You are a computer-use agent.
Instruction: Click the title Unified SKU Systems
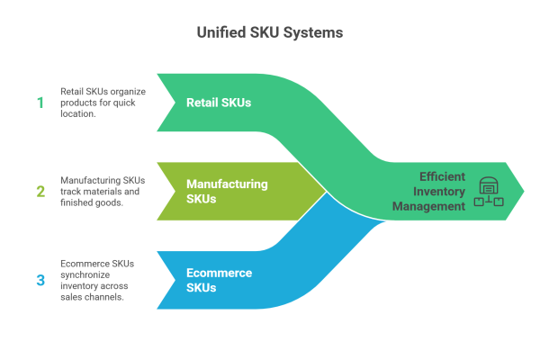point(269,32)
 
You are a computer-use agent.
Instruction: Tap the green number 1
point(40,102)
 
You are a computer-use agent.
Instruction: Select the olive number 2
point(40,191)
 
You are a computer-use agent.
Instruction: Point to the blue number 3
point(40,280)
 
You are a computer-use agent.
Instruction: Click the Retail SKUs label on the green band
point(219,102)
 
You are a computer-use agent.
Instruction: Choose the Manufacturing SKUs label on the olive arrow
point(227,191)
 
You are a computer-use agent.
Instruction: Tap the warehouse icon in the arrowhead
point(489,191)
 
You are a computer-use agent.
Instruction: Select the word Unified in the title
point(222,32)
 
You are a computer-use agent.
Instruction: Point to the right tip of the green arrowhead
point(526,191)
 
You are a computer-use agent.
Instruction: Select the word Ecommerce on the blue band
point(219,273)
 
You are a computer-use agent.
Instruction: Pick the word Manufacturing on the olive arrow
point(227,184)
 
